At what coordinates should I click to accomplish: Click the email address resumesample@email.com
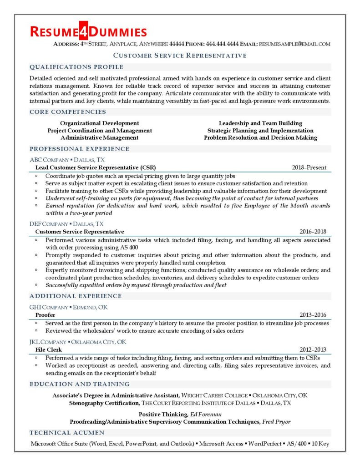click(294, 44)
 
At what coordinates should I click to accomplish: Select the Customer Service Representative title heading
click(180, 56)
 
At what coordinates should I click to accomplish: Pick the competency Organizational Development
click(100, 123)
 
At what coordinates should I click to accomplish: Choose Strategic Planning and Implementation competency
click(260, 130)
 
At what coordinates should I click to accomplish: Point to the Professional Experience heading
click(79, 149)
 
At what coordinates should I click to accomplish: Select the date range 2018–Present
click(309, 167)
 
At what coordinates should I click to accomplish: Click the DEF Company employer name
click(48, 224)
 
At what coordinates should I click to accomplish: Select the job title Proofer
click(46, 315)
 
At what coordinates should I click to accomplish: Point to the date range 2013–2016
click(313, 315)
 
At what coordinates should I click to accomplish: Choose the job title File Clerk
click(49, 349)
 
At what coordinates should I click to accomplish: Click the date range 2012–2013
click(313, 349)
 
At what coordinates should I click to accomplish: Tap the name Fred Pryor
click(276, 421)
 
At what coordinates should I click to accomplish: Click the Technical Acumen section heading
click(67, 432)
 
